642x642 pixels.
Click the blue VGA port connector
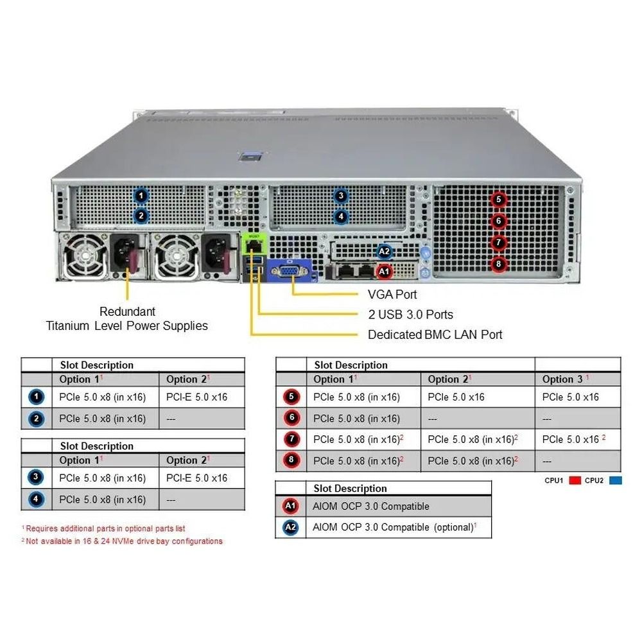coord(291,272)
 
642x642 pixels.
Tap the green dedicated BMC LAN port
coord(254,245)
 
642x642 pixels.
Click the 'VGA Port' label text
coord(392,294)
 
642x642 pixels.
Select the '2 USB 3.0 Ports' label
coord(410,314)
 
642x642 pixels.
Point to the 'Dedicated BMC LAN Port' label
coord(435,334)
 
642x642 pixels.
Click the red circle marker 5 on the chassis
coord(499,200)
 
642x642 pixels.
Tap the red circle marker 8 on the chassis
coord(499,263)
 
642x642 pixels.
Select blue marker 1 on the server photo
coord(141,196)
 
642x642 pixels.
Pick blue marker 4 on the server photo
coord(341,216)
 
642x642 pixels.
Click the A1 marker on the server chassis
coord(384,272)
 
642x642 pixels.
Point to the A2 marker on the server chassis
coord(384,251)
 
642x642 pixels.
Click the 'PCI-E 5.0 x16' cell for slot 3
coord(196,478)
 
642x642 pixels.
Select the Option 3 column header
coord(565,379)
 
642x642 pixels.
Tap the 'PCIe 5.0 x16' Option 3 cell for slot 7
coord(571,439)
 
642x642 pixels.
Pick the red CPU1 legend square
coord(575,480)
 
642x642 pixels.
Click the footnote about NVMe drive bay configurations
coord(122,541)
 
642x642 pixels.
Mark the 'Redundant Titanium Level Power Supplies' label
coord(127,318)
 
